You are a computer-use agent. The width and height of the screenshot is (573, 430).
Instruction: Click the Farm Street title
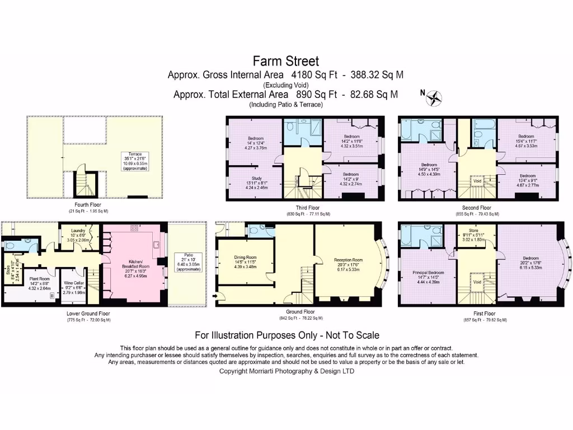pyautogui.click(x=286, y=60)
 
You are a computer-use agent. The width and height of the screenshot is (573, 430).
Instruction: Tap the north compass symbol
pyautogui.click(x=433, y=98)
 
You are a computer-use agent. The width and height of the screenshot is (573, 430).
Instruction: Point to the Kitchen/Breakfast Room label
pyautogui.click(x=133, y=268)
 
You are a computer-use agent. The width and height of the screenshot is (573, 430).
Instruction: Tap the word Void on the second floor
pyautogui.click(x=477, y=181)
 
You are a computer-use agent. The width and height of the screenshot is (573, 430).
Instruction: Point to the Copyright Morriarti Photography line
pyautogui.click(x=286, y=371)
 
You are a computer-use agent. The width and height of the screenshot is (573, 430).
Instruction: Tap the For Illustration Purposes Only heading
pyautogui.click(x=286, y=335)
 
